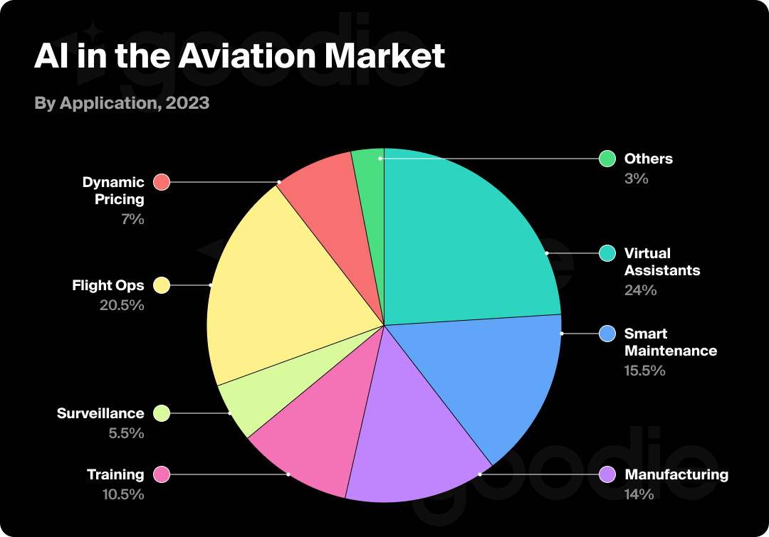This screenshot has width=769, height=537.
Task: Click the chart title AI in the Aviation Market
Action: click(x=239, y=56)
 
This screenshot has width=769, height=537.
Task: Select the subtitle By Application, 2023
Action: click(x=122, y=103)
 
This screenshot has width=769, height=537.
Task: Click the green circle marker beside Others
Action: click(x=607, y=159)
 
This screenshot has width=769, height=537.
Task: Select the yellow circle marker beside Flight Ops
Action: click(x=162, y=286)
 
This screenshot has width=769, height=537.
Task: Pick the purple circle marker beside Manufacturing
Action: click(x=607, y=474)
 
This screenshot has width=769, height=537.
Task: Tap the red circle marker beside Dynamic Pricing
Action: click(x=162, y=182)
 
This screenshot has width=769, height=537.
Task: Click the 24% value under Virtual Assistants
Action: click(x=640, y=290)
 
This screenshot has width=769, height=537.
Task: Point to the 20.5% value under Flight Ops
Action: click(x=122, y=305)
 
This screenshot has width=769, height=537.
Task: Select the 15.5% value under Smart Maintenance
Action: click(x=645, y=371)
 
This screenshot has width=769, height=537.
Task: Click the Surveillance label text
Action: click(x=100, y=413)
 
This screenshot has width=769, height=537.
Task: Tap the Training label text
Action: click(x=115, y=474)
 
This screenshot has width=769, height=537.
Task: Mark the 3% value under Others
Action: click(x=637, y=179)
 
